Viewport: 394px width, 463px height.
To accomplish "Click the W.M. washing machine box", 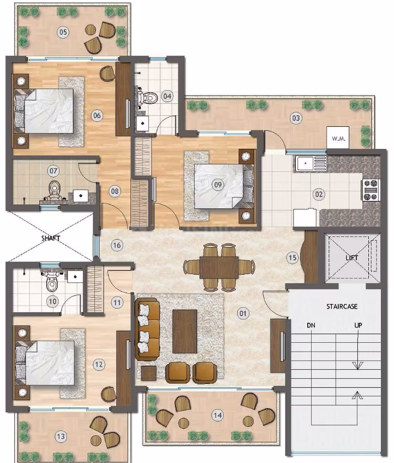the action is pyautogui.click(x=338, y=138).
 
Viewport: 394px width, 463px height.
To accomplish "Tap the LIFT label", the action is pyautogui.click(x=352, y=258).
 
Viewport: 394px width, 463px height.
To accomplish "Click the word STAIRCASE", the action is pyautogui.click(x=342, y=306).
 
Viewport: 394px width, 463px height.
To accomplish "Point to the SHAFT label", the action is pyautogui.click(x=51, y=238).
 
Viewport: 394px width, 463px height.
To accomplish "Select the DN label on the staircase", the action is pyautogui.click(x=311, y=325).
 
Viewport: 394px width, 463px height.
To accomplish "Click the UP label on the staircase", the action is pyautogui.click(x=358, y=325).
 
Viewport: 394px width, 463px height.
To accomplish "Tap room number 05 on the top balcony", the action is pyautogui.click(x=63, y=32).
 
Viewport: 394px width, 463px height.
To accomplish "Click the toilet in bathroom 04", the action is pyautogui.click(x=148, y=97).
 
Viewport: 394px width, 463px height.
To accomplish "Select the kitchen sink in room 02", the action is pyautogui.click(x=311, y=163).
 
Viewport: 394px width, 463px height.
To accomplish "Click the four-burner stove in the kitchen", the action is pyautogui.click(x=371, y=190).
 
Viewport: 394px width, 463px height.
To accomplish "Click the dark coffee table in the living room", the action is pyautogui.click(x=185, y=331).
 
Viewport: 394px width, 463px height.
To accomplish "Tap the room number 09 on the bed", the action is pyautogui.click(x=218, y=185).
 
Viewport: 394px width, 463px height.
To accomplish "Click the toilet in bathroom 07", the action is pyautogui.click(x=54, y=190).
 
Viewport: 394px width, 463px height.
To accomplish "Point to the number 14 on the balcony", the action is pyautogui.click(x=218, y=415).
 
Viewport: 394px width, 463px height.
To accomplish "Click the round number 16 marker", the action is pyautogui.click(x=117, y=245).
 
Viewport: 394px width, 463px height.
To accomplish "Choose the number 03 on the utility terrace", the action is pyautogui.click(x=296, y=118).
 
